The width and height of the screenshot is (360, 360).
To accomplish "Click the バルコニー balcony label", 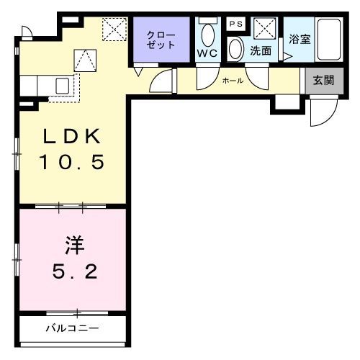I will click(72, 328).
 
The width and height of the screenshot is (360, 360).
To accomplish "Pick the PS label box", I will click(235, 23).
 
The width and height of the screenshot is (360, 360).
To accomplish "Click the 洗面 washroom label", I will click(261, 52).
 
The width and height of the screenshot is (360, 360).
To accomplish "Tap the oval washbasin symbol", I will click(236, 49).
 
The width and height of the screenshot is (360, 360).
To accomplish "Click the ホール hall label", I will click(232, 81).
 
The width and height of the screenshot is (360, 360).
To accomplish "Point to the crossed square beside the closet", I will click(114, 29).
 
